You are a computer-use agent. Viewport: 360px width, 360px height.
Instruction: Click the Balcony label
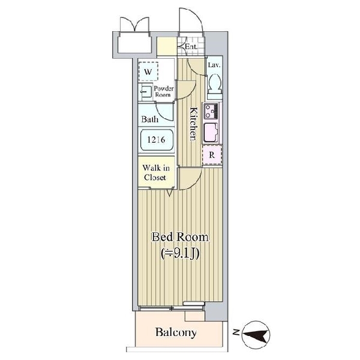[176, 332]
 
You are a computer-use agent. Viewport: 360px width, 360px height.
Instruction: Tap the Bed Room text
[180, 238]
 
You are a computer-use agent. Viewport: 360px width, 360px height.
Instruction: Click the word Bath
[150, 119]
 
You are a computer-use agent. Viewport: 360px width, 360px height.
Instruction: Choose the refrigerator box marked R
[211, 155]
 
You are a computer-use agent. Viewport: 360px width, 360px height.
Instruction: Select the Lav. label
[213, 65]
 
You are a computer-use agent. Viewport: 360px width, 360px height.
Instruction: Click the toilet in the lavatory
[214, 86]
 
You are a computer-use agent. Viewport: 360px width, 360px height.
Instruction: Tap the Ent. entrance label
[191, 46]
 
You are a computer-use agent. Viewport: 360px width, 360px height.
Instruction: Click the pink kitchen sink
[211, 132]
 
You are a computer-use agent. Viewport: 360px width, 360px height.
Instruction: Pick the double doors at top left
[133, 27]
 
